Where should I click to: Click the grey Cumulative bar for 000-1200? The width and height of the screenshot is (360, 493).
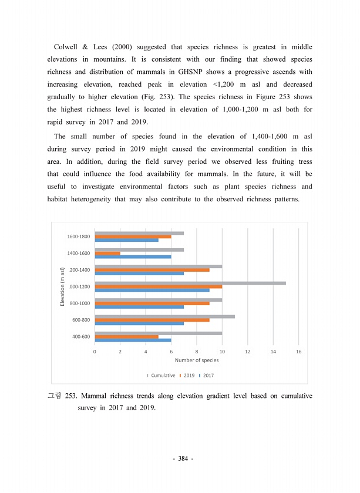(190, 283)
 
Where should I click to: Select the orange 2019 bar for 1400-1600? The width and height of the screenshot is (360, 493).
(107, 254)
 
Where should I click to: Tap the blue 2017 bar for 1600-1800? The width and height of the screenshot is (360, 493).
(126, 240)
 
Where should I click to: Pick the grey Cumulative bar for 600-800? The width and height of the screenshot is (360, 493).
(164, 316)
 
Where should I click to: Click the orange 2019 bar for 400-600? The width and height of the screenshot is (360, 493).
(126, 336)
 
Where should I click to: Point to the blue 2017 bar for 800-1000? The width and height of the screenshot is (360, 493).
(139, 307)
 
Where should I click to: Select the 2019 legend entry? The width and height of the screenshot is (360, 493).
(189, 375)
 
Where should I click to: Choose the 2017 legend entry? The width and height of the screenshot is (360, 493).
(208, 375)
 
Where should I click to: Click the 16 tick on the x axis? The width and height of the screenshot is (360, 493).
(299, 351)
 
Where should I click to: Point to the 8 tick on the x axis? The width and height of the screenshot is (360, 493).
(197, 351)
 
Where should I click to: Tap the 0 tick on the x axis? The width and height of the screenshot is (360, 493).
(95, 351)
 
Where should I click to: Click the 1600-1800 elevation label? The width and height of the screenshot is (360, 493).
(79, 237)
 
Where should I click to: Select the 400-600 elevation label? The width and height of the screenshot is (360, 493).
(81, 336)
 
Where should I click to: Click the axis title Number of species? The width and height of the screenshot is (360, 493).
(197, 360)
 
